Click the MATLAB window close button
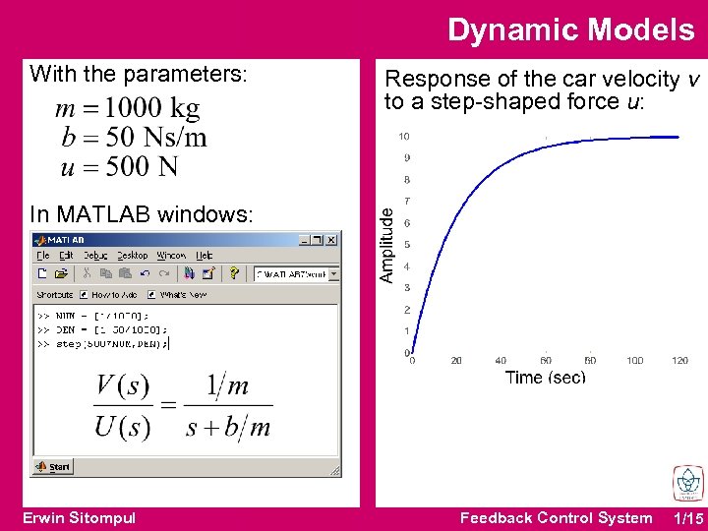(x=331, y=239)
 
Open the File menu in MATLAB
(x=44, y=255)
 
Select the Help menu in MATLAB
(x=206, y=255)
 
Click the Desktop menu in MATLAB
(x=134, y=255)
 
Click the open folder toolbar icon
(x=61, y=273)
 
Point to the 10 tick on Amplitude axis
(x=403, y=137)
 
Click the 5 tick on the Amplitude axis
(x=406, y=245)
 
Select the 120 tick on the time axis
(x=679, y=361)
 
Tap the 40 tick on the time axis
(x=501, y=361)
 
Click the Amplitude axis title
(x=387, y=244)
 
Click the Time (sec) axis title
(x=545, y=378)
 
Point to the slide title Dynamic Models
(x=570, y=30)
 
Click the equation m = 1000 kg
(x=128, y=108)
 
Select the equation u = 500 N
(x=119, y=166)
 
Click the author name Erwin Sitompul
(x=79, y=518)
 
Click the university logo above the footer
(x=686, y=484)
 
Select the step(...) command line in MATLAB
(x=103, y=344)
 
